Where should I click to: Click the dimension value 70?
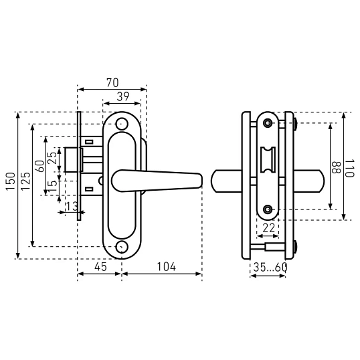[112, 83]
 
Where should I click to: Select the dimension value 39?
[123, 96]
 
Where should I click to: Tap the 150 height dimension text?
[11, 181]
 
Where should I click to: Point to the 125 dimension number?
[25, 181]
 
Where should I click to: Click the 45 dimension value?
[100, 267]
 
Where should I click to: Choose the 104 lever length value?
[166, 267]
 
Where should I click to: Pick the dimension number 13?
[72, 206]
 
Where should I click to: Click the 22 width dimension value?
[268, 228]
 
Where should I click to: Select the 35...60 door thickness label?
[270, 267]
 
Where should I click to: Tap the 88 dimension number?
[337, 167]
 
